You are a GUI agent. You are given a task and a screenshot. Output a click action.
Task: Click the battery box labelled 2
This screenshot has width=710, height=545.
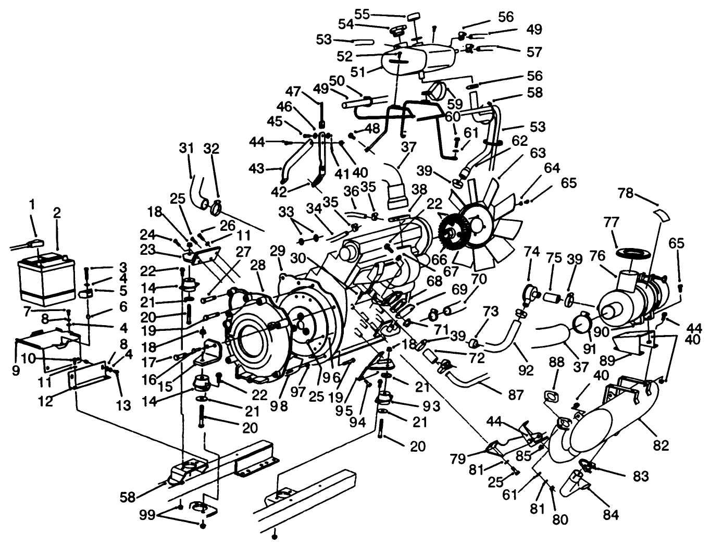46,279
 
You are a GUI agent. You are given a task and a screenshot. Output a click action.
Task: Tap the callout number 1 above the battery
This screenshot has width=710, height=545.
32,205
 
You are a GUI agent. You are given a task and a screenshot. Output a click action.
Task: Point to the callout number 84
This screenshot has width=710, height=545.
611,515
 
